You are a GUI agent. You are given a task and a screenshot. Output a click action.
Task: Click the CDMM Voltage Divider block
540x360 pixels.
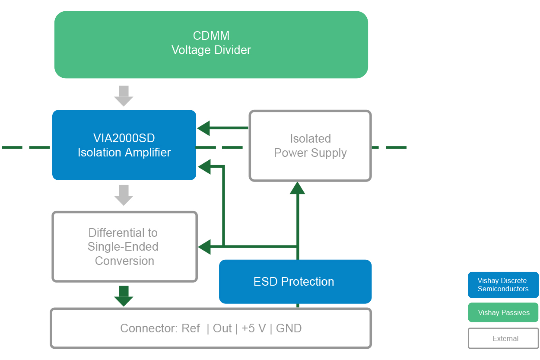click(211, 45)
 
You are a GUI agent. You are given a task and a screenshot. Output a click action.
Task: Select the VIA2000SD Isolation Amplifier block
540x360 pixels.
click(124, 145)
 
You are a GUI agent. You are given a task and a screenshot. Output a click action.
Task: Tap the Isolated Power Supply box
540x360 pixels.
click(310, 146)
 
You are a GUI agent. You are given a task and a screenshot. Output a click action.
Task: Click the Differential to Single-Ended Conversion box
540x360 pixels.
click(124, 247)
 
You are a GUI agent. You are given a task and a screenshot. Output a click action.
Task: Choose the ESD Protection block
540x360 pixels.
click(295, 282)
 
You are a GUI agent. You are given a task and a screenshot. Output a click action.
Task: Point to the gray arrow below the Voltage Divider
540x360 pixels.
click(124, 96)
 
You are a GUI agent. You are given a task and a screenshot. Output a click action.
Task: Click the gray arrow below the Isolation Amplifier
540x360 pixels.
click(124, 195)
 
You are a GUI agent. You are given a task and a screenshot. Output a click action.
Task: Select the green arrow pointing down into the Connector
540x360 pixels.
click(124, 296)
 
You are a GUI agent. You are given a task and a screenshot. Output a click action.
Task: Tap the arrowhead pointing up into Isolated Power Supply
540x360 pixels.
click(297, 188)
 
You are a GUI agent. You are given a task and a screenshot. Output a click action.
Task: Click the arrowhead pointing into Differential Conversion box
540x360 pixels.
click(204, 247)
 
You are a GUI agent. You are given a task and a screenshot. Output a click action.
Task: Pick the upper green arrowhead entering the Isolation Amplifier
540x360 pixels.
click(203, 128)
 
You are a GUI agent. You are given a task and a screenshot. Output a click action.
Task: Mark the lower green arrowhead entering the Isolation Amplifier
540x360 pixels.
click(203, 166)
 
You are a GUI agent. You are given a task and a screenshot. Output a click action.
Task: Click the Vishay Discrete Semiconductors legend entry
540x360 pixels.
click(503, 285)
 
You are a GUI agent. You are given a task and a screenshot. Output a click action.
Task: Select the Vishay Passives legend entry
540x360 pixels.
click(503, 312)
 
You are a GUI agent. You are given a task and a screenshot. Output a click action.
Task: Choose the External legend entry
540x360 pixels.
click(503, 338)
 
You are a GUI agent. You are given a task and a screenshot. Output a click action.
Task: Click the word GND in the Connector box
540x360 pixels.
click(289, 328)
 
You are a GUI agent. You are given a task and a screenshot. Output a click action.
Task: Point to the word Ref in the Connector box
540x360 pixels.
click(191, 328)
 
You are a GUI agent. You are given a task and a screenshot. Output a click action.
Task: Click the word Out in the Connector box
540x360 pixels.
click(222, 328)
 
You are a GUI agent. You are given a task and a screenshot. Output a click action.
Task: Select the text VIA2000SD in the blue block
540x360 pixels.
click(124, 138)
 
